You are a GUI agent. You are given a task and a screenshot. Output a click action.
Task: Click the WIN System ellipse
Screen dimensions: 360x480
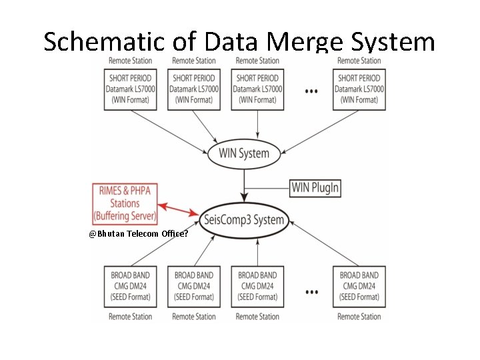click(x=244, y=153)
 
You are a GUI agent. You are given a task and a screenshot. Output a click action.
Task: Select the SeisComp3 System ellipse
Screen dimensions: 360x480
click(x=244, y=220)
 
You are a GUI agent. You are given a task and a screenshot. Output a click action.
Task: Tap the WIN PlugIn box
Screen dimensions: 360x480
click(x=315, y=187)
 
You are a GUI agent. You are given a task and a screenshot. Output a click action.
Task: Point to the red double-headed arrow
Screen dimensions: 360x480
click(x=179, y=210)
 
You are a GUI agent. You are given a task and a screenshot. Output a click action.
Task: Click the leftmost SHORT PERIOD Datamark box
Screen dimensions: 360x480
click(x=130, y=89)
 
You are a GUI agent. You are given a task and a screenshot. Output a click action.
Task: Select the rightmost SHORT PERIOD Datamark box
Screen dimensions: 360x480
click(x=359, y=89)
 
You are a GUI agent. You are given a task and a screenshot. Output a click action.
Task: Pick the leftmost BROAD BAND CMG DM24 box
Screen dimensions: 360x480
click(x=130, y=286)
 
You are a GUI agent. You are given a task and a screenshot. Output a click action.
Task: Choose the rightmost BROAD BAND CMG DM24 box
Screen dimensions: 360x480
click(x=359, y=286)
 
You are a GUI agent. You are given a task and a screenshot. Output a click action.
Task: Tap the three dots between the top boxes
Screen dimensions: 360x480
click(x=311, y=91)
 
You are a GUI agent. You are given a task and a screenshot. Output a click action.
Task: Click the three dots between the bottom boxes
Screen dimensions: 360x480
click(x=311, y=291)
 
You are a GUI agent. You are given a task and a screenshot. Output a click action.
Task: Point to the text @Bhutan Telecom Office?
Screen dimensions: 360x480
click(x=138, y=234)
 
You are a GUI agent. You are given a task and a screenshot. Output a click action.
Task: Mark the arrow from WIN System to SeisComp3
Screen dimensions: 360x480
click(x=244, y=183)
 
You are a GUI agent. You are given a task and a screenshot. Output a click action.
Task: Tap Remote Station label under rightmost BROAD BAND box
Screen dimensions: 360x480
click(x=359, y=317)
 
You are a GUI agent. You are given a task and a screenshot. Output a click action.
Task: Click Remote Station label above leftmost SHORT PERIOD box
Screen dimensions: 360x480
click(x=130, y=61)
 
